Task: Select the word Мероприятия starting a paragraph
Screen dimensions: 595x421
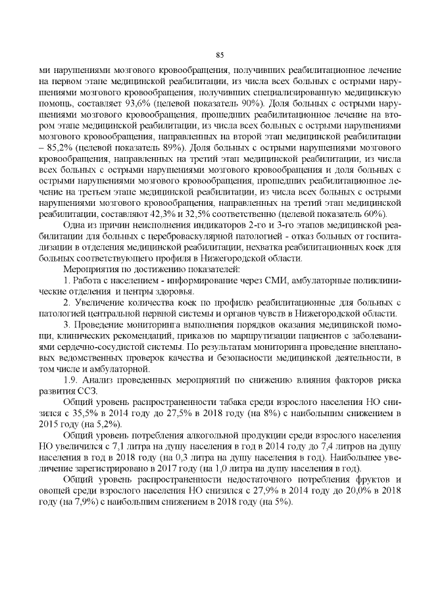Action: pyautogui.click(x=91, y=269)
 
